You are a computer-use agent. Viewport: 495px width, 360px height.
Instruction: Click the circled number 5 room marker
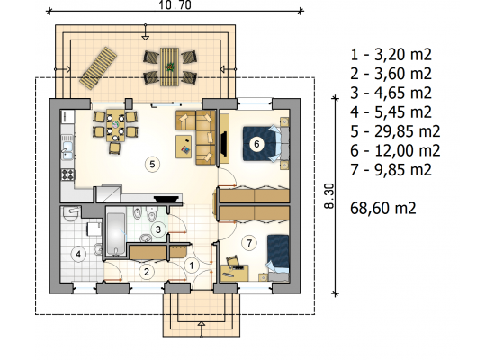(152, 164)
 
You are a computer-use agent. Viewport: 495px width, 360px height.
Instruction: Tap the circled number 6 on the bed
(256, 144)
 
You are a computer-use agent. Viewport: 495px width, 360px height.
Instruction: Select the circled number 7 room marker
(249, 243)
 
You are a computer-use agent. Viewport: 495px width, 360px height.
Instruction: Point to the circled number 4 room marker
(78, 254)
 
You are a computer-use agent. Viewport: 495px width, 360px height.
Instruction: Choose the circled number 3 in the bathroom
(158, 229)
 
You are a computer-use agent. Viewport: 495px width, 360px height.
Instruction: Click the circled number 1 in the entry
(192, 265)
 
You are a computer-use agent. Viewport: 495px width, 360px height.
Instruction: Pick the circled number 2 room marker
(147, 272)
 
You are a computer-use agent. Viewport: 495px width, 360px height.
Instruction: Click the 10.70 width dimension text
(175, 4)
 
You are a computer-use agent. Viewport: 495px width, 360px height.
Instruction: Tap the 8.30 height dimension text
(328, 196)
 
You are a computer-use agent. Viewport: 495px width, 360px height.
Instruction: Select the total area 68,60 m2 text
(383, 209)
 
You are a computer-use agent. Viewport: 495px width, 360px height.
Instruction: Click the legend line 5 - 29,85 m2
(395, 131)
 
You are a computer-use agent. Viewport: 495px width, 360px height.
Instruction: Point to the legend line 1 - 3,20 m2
(391, 55)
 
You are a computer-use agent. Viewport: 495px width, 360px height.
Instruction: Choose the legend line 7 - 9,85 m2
(391, 170)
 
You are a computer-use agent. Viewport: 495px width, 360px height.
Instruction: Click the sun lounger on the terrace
(98, 67)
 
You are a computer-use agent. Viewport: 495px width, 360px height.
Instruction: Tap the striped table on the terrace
(169, 67)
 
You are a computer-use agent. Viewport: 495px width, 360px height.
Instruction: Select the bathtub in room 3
(116, 234)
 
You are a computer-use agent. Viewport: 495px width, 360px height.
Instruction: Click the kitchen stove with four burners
(67, 175)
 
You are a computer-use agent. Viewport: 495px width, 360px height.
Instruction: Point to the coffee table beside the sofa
(184, 147)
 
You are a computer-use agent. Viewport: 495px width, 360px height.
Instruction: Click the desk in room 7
(235, 273)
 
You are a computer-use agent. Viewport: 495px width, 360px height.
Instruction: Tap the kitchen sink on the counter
(67, 150)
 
